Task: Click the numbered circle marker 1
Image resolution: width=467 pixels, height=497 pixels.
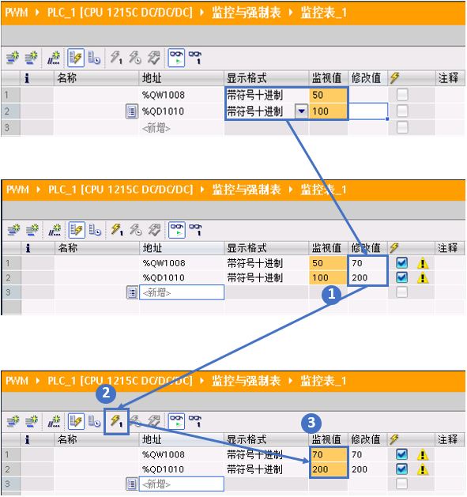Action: click(331, 295)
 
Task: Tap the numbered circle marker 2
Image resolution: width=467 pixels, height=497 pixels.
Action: click(106, 393)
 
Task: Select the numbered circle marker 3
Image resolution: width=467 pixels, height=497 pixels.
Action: click(311, 423)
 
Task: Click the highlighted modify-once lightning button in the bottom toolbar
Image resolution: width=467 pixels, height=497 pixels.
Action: click(116, 422)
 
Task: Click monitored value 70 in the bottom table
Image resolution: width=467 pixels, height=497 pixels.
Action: click(318, 454)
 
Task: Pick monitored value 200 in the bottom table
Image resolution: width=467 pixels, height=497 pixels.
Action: click(320, 469)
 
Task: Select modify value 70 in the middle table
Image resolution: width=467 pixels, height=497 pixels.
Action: click(357, 263)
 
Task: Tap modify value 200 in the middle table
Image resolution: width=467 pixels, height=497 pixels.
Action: click(360, 277)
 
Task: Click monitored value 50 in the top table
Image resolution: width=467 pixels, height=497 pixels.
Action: click(318, 95)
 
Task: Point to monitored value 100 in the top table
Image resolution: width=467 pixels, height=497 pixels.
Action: click(320, 111)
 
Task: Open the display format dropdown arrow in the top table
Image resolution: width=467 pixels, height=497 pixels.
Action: click(302, 111)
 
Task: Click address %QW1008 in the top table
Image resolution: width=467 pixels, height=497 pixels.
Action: click(164, 95)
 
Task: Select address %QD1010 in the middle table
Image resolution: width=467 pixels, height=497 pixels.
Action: click(164, 277)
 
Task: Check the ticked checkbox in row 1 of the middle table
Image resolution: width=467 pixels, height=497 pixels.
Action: click(401, 263)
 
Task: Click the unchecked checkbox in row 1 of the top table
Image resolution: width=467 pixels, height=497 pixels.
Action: click(402, 95)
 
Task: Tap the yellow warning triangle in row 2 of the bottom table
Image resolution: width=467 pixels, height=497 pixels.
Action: click(422, 469)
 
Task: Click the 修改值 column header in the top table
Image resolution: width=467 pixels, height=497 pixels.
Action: click(366, 77)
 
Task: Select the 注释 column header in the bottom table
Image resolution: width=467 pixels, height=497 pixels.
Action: click(448, 439)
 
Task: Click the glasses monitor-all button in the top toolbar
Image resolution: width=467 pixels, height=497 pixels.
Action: click(176, 58)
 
